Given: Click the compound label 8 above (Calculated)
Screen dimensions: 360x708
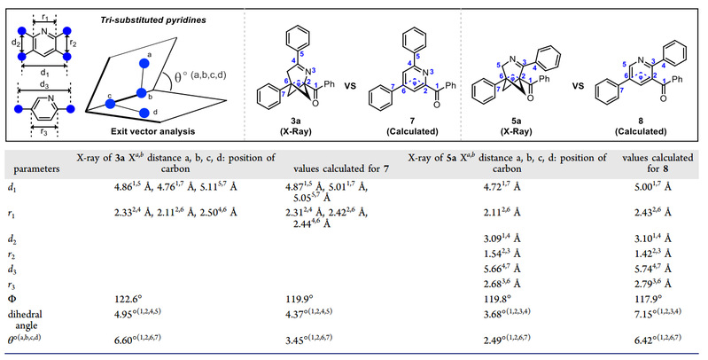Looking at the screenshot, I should point(640,115).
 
